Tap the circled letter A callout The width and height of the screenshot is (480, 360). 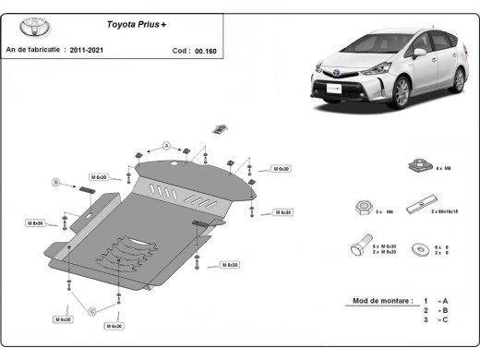[x=167, y=145]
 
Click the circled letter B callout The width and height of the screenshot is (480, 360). [x=55, y=183]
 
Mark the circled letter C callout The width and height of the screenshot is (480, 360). [x=91, y=311]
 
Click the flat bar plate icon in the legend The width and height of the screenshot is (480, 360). [x=426, y=202]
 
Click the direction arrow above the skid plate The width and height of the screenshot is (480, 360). [x=220, y=128]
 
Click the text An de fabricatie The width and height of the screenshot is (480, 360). [x=33, y=49]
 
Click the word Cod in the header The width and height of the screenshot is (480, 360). [x=180, y=51]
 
